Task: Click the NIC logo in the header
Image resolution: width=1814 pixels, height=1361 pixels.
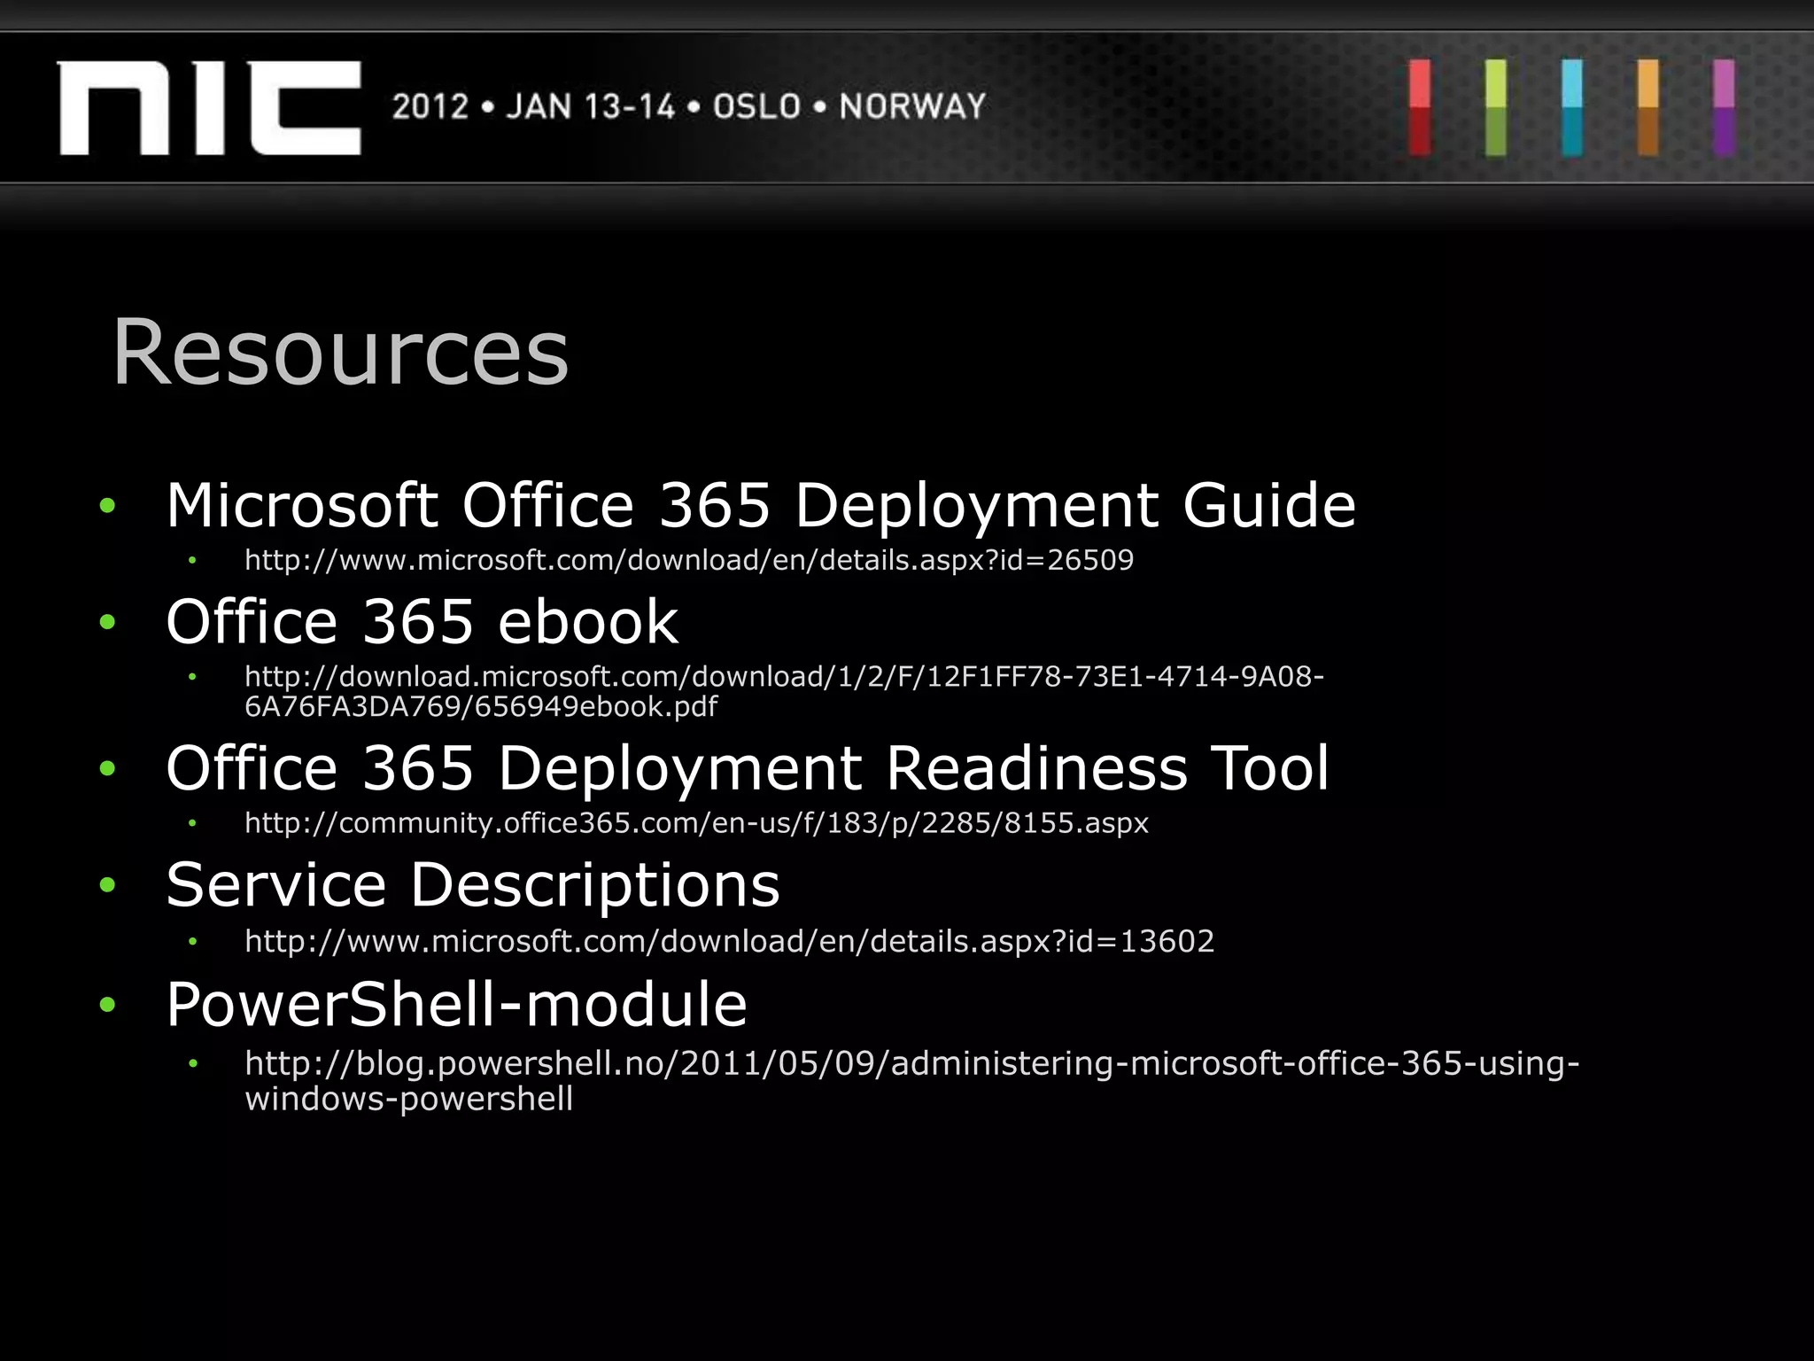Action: tap(209, 108)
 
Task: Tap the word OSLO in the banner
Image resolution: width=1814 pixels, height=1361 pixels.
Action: tap(756, 107)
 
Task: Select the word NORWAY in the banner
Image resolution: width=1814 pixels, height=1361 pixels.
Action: tap(912, 107)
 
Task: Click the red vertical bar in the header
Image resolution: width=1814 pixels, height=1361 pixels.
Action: tap(1419, 108)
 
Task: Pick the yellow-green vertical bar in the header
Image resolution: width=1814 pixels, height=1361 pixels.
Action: tap(1495, 108)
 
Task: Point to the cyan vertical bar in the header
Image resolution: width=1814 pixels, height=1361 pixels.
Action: tap(1571, 108)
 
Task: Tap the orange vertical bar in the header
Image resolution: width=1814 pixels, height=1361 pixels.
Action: tap(1647, 108)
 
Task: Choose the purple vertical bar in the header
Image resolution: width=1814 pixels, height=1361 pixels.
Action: tap(1723, 108)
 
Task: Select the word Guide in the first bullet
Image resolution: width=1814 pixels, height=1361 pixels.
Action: tap(1268, 506)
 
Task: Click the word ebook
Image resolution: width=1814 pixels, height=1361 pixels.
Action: tap(588, 622)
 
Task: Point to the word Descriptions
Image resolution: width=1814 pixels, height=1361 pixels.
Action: tap(594, 885)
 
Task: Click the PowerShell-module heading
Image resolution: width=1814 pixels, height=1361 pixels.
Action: tap(456, 1005)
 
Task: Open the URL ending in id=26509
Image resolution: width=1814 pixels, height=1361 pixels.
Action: tap(688, 560)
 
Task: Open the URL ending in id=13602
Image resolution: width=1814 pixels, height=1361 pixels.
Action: tap(729, 941)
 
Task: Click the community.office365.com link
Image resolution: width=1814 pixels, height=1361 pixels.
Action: tap(696, 823)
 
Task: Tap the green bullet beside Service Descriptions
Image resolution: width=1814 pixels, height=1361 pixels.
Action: tap(108, 885)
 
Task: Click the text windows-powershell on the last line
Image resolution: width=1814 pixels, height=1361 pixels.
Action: tap(408, 1100)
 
